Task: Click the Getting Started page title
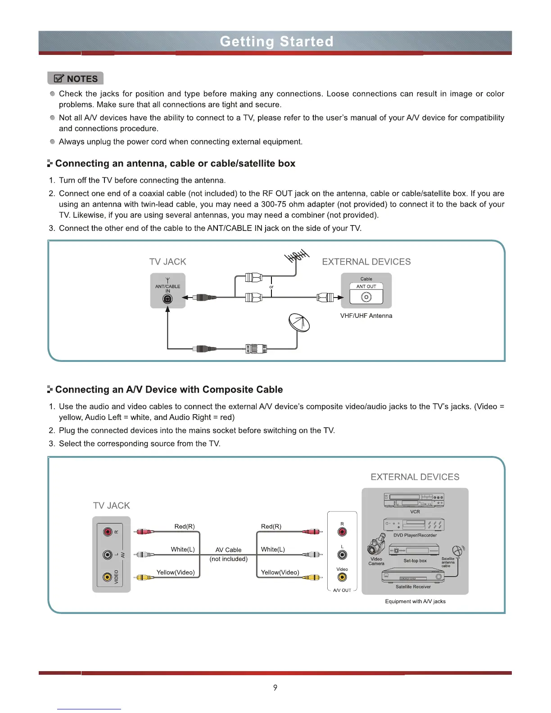tap(276, 41)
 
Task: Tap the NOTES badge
tap(76, 78)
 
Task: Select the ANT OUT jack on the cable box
tap(366, 297)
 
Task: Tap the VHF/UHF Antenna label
tap(366, 316)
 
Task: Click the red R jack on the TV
tap(108, 532)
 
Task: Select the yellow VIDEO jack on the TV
tap(108, 577)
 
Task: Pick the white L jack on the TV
tap(108, 554)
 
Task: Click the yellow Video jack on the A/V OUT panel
tap(342, 578)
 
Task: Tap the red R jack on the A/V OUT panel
tap(342, 532)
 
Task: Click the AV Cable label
tap(228, 550)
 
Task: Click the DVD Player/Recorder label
tap(415, 535)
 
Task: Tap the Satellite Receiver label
tap(413, 587)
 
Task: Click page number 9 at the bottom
tap(275, 687)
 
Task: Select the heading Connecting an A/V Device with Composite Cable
tap(169, 389)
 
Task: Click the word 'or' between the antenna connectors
tap(271, 287)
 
